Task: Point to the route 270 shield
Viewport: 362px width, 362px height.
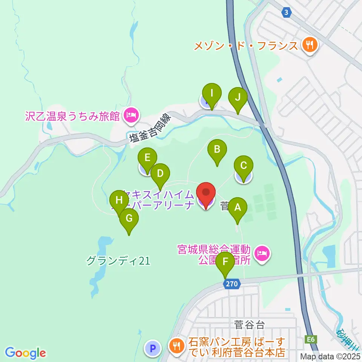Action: [x=232, y=284]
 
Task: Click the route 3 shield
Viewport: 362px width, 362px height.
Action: [x=287, y=13]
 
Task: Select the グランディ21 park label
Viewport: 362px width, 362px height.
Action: [x=118, y=261]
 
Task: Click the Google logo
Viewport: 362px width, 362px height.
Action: [x=25, y=353]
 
